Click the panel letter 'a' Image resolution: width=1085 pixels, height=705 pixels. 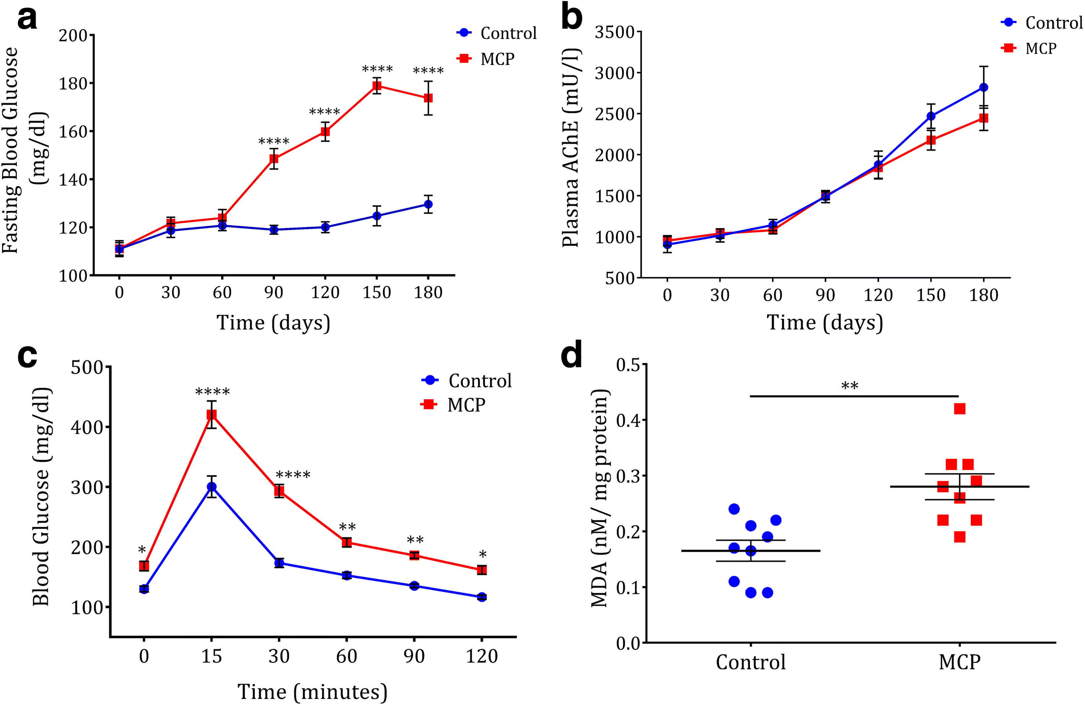27,19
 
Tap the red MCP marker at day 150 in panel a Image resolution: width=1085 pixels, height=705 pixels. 377,86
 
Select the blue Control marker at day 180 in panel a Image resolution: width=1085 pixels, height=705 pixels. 428,204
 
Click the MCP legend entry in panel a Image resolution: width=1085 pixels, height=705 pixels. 497,59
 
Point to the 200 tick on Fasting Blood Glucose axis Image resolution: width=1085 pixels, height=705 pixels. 73,35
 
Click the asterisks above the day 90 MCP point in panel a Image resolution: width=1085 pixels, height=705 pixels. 274,141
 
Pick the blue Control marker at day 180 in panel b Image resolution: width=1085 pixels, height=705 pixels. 983,87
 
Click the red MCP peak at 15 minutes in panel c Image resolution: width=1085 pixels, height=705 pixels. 212,415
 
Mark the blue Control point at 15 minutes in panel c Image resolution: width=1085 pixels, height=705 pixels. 212,487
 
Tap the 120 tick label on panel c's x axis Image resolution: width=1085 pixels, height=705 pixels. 481,656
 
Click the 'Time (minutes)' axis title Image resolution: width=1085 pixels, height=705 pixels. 312,691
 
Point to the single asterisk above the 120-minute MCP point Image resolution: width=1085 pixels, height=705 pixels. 482,555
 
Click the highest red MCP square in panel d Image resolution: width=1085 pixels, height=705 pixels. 959,409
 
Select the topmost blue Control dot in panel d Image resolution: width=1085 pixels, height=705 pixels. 734,509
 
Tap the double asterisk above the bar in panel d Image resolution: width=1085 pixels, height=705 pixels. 849,386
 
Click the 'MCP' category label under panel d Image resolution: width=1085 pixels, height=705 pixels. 959,662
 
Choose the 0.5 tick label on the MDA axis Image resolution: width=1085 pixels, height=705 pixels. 628,365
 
